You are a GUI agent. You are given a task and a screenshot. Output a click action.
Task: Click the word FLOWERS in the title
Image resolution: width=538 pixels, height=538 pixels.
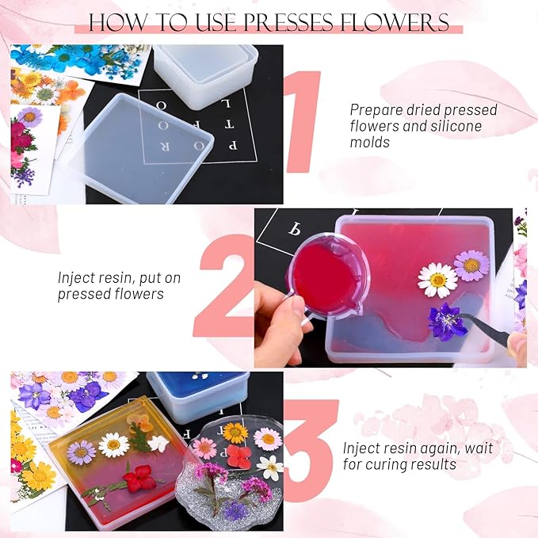pyautogui.click(x=404, y=22)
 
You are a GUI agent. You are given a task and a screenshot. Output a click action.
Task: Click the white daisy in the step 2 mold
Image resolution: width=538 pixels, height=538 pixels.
pyautogui.click(x=437, y=280)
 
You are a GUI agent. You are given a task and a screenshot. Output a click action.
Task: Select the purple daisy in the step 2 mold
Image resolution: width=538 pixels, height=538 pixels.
pyautogui.click(x=472, y=265)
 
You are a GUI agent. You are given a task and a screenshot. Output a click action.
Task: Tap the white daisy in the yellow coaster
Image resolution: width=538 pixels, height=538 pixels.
pyautogui.click(x=114, y=445)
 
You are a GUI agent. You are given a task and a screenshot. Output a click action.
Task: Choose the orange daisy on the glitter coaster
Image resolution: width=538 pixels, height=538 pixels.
pyautogui.click(x=235, y=433)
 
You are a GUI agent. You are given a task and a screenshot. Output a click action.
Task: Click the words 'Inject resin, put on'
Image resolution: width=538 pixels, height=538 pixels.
pyautogui.click(x=112, y=278)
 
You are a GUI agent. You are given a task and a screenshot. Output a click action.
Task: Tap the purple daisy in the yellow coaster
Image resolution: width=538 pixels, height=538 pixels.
pyautogui.click(x=82, y=452)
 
